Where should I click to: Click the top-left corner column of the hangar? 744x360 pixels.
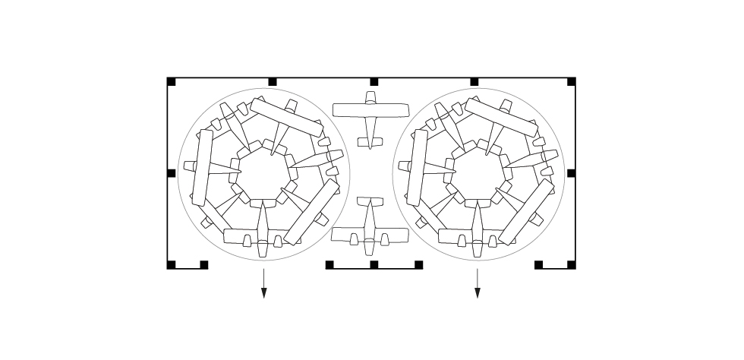click(172, 82)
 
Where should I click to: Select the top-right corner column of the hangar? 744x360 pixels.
click(572, 82)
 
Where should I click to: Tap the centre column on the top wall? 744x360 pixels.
click(374, 82)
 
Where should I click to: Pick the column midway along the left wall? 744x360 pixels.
click(172, 173)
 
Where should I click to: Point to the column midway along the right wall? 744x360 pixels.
click(572, 173)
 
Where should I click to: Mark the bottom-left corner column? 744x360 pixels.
click(172, 265)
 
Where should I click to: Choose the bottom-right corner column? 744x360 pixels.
click(572, 265)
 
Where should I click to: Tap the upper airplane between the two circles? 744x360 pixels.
click(370, 118)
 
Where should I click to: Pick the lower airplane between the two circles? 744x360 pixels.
click(370, 227)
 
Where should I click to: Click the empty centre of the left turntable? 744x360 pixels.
click(263, 174)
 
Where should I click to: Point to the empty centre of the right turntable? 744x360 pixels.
click(478, 174)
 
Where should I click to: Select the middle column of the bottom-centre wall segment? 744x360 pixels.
click(374, 265)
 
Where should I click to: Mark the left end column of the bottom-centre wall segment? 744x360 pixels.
click(329, 265)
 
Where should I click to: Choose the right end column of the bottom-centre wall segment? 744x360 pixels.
click(418, 265)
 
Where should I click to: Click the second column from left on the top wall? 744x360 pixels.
click(273, 82)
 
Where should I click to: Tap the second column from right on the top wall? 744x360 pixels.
click(474, 82)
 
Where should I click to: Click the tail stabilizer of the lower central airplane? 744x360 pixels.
click(370, 202)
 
